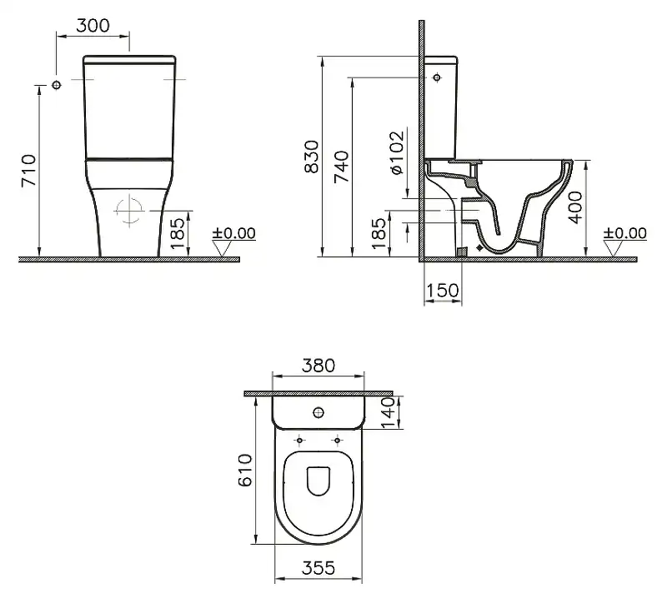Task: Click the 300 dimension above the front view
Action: [93, 25]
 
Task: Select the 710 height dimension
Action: [28, 171]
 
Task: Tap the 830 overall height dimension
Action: [310, 157]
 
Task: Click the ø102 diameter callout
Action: [397, 152]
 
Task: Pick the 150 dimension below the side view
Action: [441, 290]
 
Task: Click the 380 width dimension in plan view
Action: [318, 365]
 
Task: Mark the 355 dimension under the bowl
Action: [318, 568]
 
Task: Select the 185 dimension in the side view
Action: [379, 234]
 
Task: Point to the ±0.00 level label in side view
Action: [625, 233]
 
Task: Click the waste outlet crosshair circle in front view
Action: [129, 211]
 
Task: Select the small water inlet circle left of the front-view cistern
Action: [57, 85]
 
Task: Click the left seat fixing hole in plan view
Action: [300, 439]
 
